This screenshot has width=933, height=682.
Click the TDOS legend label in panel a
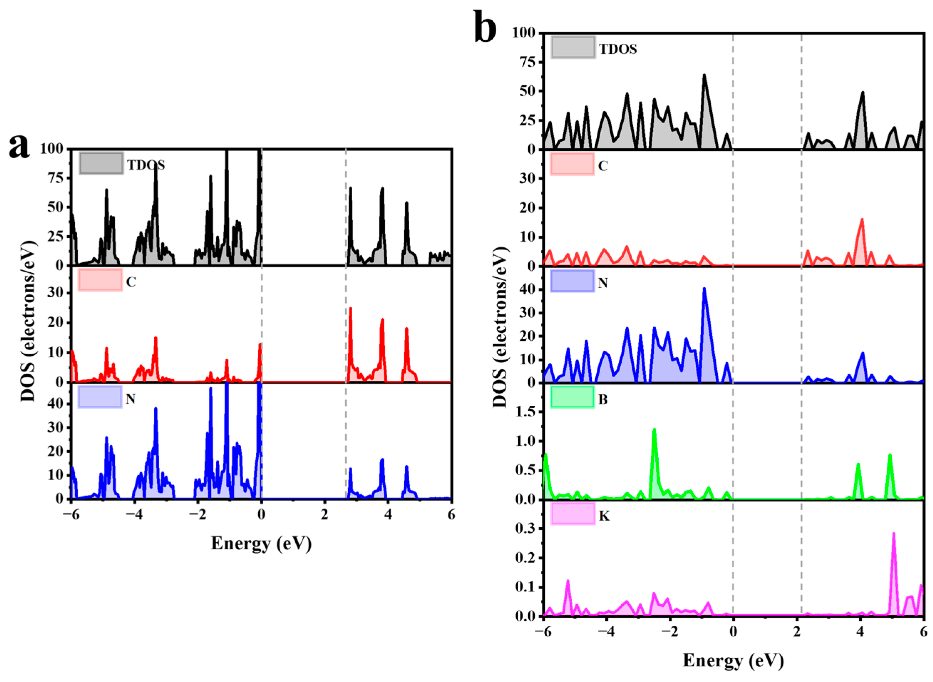point(146,165)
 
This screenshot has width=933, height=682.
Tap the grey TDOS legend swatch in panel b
point(572,47)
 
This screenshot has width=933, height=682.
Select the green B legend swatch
point(572,398)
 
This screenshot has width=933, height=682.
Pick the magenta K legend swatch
point(572,514)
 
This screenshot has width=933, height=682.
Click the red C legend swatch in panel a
point(100,280)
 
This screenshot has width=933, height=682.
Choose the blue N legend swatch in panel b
point(572,281)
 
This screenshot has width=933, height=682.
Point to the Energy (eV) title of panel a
point(261,543)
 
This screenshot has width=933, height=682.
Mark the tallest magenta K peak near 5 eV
point(893,534)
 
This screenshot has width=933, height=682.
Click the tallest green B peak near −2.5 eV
point(654,430)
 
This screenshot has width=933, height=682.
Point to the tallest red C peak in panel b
point(862,220)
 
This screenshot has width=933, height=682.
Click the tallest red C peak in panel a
point(350,308)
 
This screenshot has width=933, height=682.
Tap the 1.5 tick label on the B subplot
point(525,412)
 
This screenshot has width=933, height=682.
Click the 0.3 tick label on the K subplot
point(525,529)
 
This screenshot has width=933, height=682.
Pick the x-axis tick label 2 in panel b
point(796,632)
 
